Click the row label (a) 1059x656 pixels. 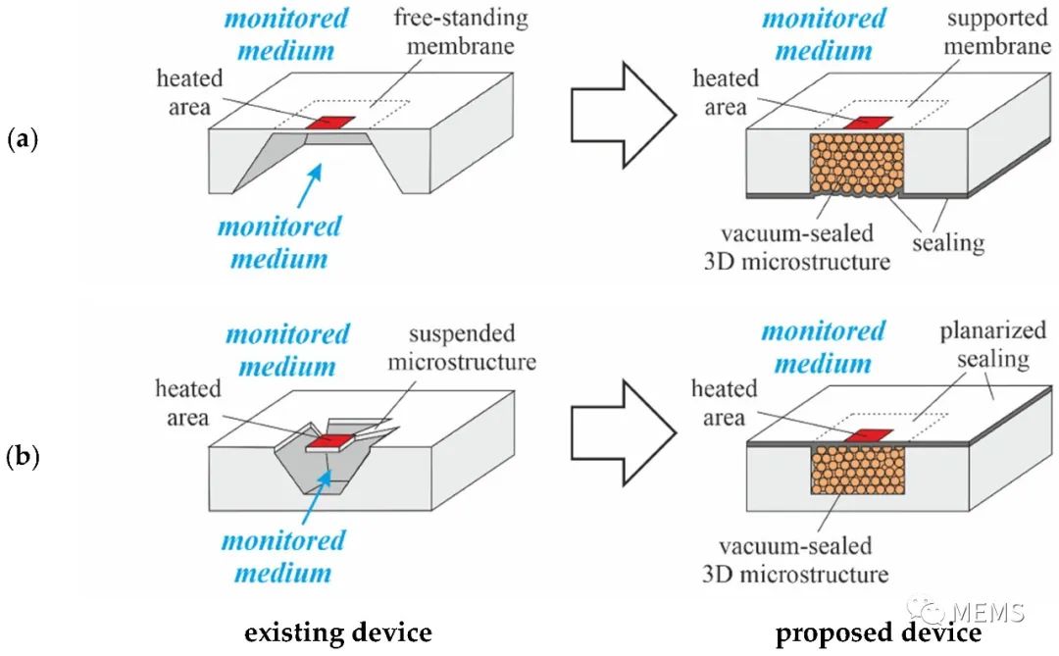[23, 140]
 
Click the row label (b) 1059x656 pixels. [23, 457]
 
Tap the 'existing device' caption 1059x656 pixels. [337, 633]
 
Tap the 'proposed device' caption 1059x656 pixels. [878, 633]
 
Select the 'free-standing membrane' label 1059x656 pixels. [461, 31]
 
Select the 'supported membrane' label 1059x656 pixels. [997, 31]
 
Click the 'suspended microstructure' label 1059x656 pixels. [462, 347]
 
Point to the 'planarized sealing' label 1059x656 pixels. [992, 344]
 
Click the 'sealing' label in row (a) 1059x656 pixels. [948, 242]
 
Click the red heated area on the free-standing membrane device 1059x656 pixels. [330, 123]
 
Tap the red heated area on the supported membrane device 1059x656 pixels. [868, 123]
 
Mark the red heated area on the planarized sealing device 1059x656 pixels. [868, 435]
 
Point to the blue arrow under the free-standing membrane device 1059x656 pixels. [309, 185]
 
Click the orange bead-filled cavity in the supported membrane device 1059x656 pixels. [857, 166]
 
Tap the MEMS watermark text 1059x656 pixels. [989, 612]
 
